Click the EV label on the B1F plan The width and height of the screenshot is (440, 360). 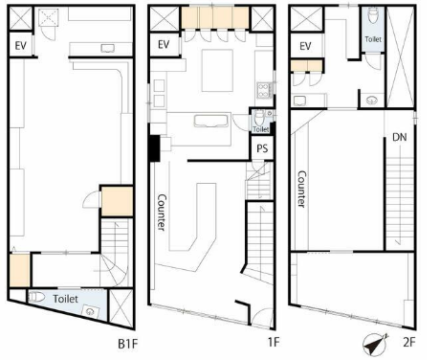(21, 46)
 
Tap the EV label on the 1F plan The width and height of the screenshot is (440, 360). (164, 44)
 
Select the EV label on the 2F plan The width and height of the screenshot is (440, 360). (305, 46)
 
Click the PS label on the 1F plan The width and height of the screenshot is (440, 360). (262, 148)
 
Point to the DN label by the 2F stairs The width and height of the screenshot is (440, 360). (400, 137)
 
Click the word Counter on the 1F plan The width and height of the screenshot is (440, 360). (162, 213)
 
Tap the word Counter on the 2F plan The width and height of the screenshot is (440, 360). (301, 189)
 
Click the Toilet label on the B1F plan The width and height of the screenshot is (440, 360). (65, 299)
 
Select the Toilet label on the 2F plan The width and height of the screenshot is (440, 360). (373, 39)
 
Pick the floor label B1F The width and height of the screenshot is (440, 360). (127, 344)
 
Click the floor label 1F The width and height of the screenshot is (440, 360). (274, 342)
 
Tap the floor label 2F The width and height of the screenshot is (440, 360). (409, 343)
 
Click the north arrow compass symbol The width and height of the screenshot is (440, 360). (375, 344)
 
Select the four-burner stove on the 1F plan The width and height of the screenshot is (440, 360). (264, 90)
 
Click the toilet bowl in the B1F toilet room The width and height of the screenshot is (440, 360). (36, 297)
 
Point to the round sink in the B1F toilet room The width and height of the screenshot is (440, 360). (90, 311)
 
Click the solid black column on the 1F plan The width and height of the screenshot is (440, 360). (155, 148)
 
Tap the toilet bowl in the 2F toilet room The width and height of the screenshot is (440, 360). (373, 15)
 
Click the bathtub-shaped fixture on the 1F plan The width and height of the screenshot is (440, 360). (211, 121)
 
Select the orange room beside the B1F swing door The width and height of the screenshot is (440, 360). (117, 201)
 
